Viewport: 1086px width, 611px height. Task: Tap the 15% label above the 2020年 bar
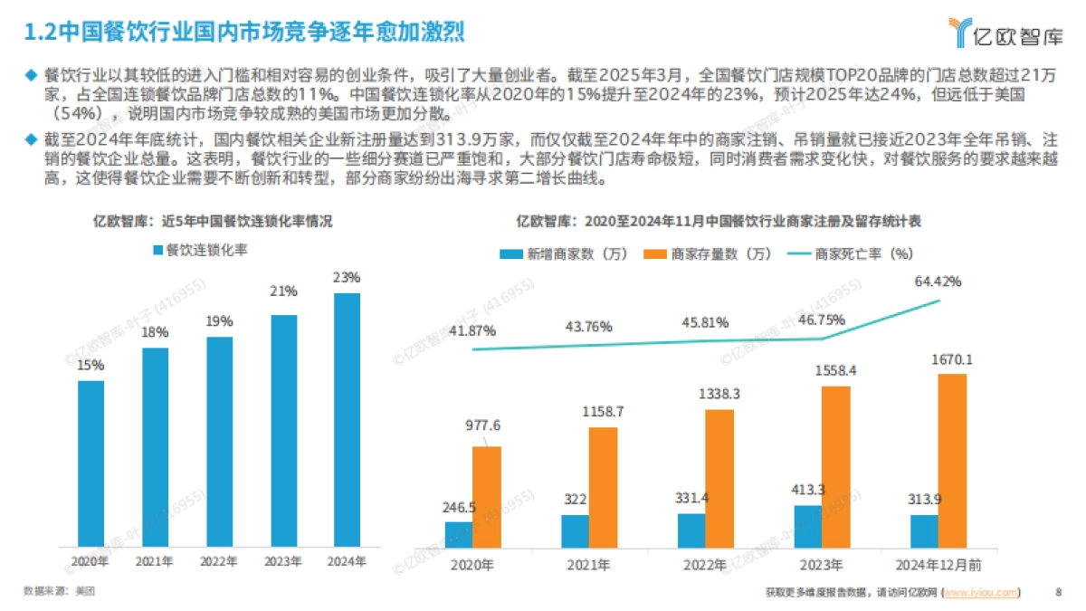coord(90,365)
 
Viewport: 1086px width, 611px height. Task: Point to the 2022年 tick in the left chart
coord(219,561)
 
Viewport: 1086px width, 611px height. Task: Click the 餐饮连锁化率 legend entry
coord(200,250)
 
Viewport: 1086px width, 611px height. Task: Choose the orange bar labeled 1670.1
coord(952,461)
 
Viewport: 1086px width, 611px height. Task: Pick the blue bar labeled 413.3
coord(808,526)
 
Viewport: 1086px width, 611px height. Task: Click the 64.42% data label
coord(938,282)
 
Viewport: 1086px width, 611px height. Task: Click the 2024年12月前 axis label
coord(938,566)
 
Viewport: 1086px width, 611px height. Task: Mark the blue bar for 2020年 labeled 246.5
coord(459,534)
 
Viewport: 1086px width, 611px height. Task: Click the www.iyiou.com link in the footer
coord(981,593)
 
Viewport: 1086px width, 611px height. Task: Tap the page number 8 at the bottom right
coord(1058,593)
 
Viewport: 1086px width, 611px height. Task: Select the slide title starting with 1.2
coord(244,33)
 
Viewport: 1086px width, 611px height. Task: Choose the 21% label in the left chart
coord(283,291)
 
